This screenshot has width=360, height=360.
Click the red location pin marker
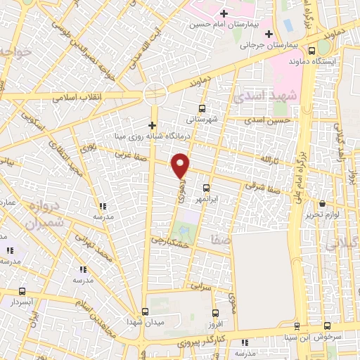(x=181, y=165)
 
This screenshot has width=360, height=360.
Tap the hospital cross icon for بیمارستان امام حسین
(x=224, y=13)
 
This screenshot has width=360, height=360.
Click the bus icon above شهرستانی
(x=202, y=108)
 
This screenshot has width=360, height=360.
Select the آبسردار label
(x=23, y=302)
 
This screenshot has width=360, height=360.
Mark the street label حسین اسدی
(x=262, y=120)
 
